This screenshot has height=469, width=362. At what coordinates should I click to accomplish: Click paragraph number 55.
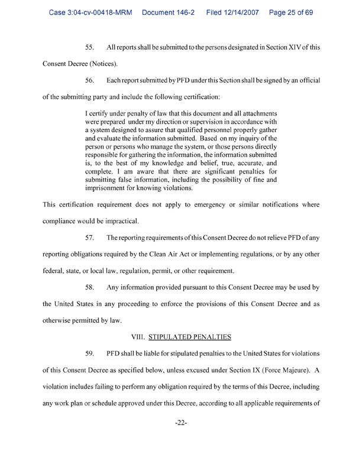click(91, 47)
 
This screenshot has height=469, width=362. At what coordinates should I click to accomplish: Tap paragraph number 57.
click(91, 238)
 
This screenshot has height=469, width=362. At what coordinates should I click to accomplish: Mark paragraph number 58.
click(91, 288)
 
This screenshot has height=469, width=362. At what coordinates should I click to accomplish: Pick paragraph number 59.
click(91, 354)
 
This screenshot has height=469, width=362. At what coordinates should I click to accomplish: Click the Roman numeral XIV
click(289, 47)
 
